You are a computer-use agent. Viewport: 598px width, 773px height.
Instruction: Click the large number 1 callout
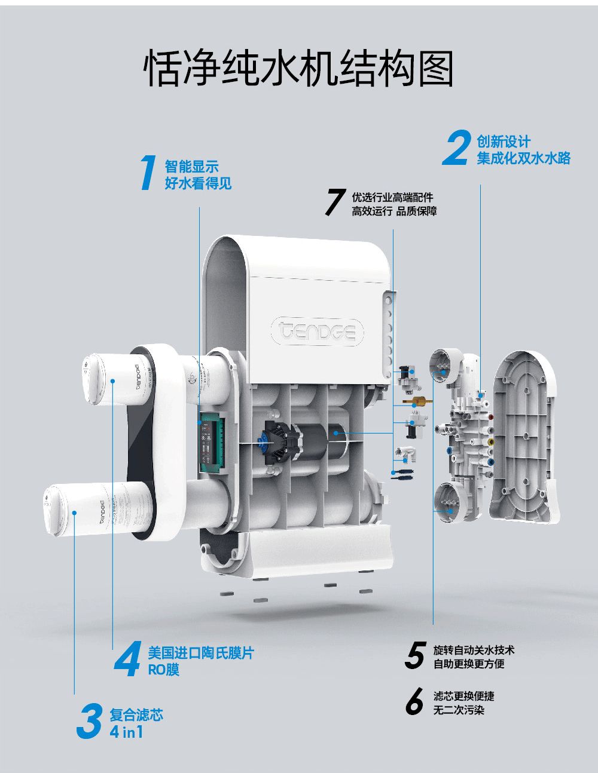(x=148, y=172)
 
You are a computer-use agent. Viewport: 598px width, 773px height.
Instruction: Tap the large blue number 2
(x=456, y=148)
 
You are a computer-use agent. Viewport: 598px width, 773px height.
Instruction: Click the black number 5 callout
(x=416, y=655)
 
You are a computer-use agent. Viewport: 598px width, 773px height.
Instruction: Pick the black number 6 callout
(x=414, y=701)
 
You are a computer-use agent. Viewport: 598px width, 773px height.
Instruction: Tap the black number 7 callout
(x=335, y=202)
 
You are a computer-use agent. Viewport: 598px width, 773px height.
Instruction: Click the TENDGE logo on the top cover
(x=317, y=331)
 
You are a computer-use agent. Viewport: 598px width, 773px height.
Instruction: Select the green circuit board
(x=212, y=443)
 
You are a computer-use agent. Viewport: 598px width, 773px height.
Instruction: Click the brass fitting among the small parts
(x=417, y=401)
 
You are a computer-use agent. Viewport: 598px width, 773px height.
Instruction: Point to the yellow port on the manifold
(x=491, y=442)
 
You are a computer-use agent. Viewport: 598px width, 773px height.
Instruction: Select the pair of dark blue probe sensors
(x=402, y=474)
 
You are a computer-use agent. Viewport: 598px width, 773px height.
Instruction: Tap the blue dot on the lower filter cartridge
(x=74, y=513)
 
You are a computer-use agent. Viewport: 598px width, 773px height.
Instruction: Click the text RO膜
(x=163, y=670)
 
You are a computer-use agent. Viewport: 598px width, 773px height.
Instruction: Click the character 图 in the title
(x=436, y=68)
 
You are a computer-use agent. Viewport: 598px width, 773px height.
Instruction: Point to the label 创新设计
(x=504, y=142)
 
